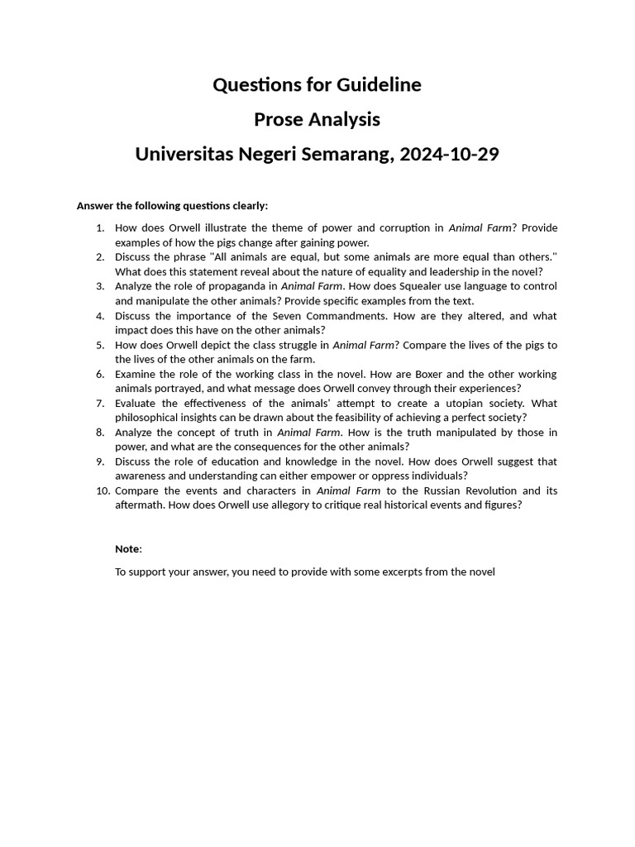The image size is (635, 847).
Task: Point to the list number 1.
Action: point(99,227)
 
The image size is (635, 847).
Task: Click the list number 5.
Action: point(99,345)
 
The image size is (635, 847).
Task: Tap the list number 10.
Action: point(103,490)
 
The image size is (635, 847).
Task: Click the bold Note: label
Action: point(128,548)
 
